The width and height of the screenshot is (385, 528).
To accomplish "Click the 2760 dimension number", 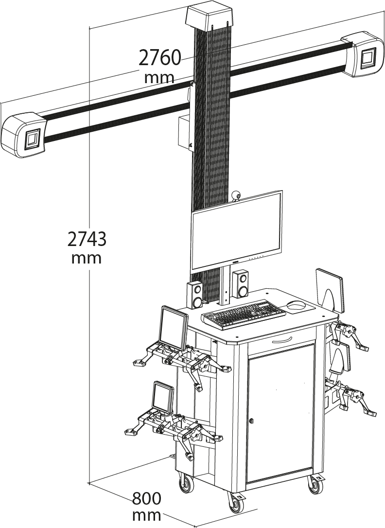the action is click(160, 58).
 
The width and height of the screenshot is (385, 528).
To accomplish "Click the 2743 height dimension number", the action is click(87, 239).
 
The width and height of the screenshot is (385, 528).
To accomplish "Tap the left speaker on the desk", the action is click(195, 295).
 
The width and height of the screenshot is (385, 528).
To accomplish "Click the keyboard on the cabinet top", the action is click(244, 314).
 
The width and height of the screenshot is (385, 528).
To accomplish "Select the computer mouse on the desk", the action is click(296, 305).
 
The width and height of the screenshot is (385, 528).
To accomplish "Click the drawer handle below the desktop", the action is click(282, 339).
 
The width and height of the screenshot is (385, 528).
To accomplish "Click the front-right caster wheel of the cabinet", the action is click(314, 485).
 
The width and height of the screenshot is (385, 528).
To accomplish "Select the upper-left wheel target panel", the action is click(174, 328).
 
